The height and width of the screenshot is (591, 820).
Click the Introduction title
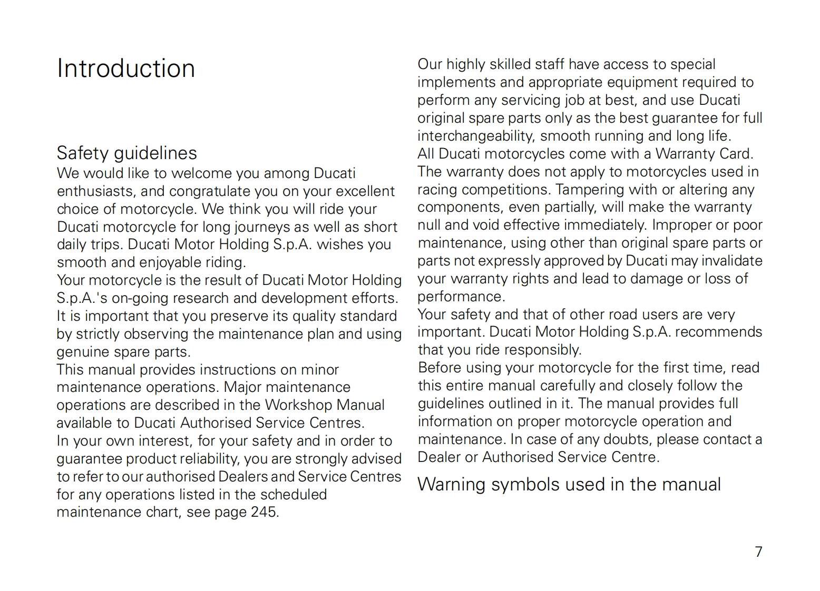126,68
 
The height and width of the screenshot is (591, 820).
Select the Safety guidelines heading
126,153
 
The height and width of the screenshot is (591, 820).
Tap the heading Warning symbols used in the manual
569,485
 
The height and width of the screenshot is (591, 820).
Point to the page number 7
758,551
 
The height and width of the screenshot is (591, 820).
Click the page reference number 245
263,512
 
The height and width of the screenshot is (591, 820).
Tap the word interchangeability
476,136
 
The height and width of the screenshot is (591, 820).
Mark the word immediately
606,225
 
